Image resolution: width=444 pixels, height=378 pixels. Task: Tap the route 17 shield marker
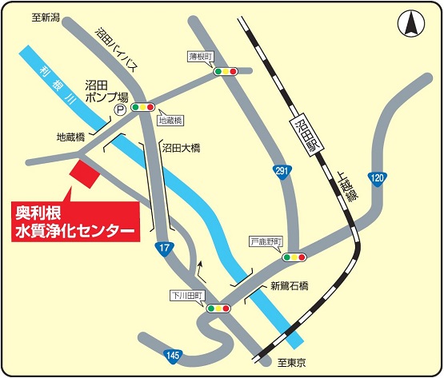point(163,247)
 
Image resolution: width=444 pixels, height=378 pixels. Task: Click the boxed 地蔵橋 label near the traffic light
point(170,120)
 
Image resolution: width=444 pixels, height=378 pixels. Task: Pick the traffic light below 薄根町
point(226,71)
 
